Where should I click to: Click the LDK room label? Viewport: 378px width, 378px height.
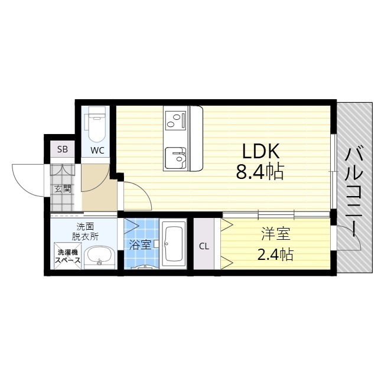click(260, 151)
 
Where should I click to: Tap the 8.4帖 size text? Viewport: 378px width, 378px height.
click(259, 171)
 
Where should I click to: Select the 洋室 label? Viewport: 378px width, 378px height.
click(276, 234)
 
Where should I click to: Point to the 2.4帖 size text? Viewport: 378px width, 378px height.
click(275, 255)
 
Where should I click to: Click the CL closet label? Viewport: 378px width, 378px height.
click(204, 246)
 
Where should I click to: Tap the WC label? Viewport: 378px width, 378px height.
click(97, 150)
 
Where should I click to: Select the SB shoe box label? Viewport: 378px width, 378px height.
click(63, 149)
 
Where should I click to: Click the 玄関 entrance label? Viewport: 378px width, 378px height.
click(63, 188)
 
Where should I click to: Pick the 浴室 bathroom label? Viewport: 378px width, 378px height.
click(140, 245)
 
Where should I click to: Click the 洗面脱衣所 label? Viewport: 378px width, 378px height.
click(85, 232)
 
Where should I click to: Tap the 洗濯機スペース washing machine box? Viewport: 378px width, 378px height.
click(68, 256)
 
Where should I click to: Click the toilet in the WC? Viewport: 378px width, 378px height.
click(97, 125)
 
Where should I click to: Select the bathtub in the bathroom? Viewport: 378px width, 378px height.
click(174, 244)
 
